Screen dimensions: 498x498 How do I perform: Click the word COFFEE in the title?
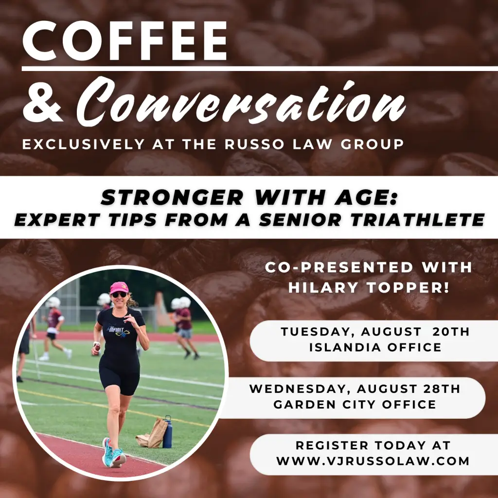125,40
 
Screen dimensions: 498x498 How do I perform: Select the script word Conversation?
241,102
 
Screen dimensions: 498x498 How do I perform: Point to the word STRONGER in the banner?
172,197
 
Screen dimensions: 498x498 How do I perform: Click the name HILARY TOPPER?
369,287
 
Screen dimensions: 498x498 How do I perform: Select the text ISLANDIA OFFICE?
375,347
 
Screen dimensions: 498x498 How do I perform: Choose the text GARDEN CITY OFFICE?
355,404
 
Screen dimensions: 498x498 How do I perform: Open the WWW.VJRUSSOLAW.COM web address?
373,461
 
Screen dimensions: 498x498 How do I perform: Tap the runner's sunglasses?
120,295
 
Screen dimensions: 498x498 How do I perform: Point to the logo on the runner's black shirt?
119,331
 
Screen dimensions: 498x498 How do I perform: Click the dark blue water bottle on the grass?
167,432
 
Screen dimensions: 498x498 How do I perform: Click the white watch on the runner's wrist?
97,344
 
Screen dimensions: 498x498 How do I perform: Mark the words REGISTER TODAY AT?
373,445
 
